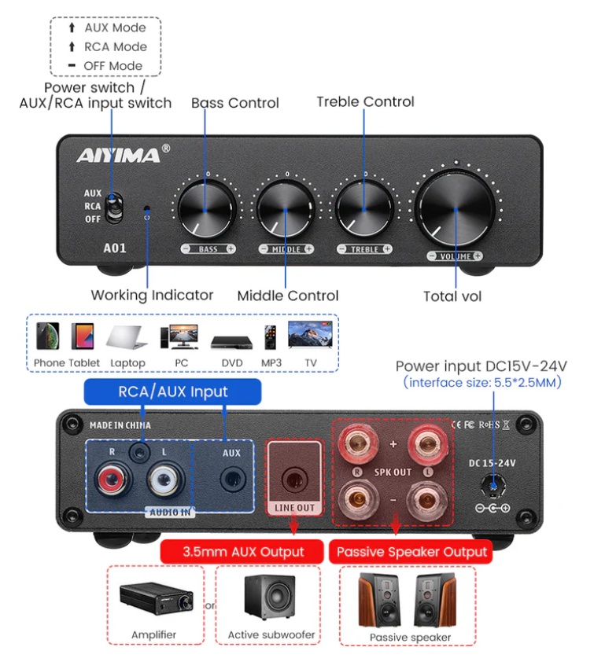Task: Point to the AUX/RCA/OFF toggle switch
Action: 115,206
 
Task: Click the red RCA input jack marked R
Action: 108,478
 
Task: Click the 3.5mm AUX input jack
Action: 232,477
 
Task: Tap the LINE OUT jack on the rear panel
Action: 294,476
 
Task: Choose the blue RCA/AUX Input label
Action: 172,391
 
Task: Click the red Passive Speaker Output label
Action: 411,551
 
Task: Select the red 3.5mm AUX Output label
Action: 243,551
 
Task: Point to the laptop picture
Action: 128,339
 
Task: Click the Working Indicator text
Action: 152,296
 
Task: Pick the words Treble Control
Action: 365,101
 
